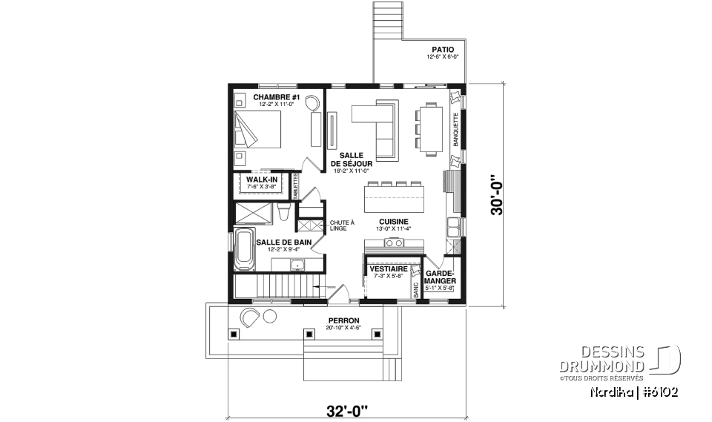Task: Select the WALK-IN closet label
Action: [262, 179]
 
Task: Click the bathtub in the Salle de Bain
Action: [243, 248]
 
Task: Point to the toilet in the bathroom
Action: [283, 213]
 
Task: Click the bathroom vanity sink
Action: [297, 264]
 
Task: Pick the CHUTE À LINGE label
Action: [343, 225]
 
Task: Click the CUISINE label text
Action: [393, 222]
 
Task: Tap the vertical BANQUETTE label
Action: [455, 129]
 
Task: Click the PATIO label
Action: [444, 50]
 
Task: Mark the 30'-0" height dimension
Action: [498, 195]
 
